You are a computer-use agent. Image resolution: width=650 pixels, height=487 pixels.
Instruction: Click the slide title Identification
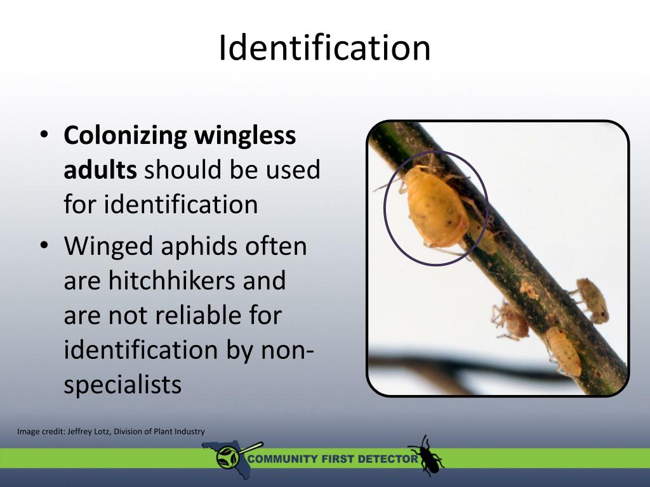(x=324, y=48)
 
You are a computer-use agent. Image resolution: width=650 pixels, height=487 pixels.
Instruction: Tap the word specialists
(x=123, y=385)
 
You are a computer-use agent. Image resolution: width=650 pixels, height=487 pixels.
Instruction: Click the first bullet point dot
(x=43, y=136)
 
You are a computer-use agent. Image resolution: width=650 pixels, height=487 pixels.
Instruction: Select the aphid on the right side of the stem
(x=592, y=299)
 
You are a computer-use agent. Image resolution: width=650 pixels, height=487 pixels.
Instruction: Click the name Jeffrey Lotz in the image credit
(x=90, y=432)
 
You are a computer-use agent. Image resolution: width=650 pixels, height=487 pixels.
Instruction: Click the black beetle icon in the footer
(x=425, y=455)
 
